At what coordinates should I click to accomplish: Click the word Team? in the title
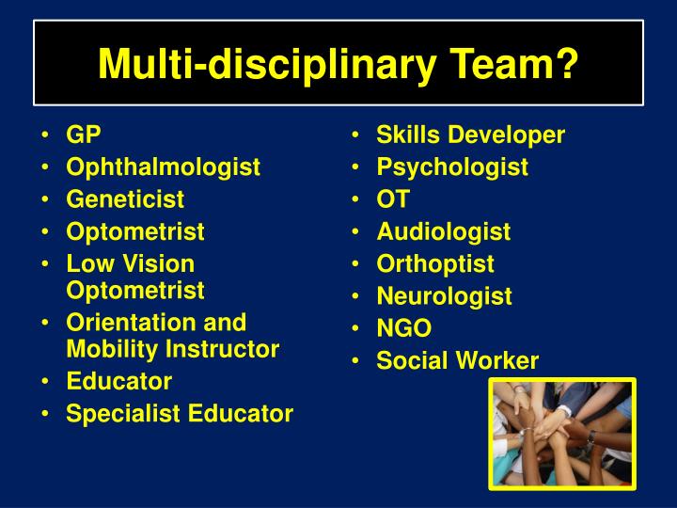508,64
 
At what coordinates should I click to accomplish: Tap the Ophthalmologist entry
163,167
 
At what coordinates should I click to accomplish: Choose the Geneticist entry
125,199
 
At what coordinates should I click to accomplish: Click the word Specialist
118,413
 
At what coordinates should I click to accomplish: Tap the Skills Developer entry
470,135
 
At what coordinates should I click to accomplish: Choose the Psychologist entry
452,167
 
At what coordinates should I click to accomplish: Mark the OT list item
393,199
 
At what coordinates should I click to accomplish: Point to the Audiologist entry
443,231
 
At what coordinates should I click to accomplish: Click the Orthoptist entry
434,264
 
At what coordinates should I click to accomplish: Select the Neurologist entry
444,296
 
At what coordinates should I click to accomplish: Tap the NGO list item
403,328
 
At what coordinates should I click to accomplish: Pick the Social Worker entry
457,360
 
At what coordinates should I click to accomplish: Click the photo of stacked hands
561,432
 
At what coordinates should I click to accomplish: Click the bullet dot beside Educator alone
46,382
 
